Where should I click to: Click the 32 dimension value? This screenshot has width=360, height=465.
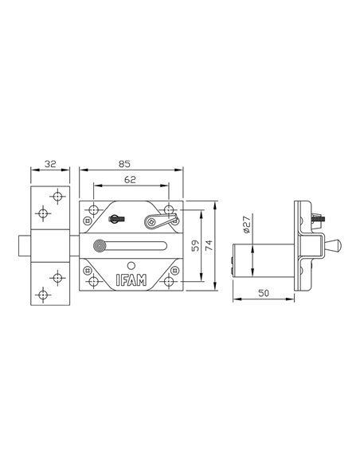(50, 164)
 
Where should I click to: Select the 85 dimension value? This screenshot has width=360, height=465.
(124, 164)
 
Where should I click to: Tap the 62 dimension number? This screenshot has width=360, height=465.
(130, 179)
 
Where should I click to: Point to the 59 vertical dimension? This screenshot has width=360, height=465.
(195, 245)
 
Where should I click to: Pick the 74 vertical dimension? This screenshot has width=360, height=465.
(209, 245)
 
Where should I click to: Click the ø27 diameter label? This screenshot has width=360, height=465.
(247, 224)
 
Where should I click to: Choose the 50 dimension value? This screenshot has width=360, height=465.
(264, 293)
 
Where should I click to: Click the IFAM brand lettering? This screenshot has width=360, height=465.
(131, 280)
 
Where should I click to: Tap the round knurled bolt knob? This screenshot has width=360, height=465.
(100, 246)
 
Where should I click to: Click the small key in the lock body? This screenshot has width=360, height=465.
(117, 219)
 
